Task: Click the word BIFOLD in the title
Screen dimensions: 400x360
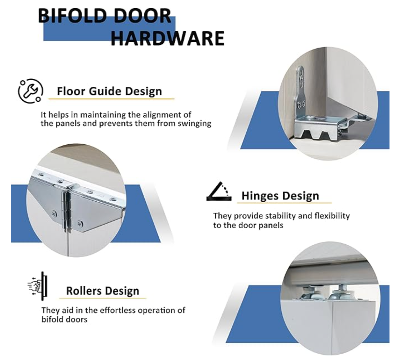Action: [x=72, y=16]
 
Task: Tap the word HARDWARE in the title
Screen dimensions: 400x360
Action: [x=168, y=38]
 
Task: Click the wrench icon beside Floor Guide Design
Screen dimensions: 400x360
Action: [x=31, y=91]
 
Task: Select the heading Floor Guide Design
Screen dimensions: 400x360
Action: [x=110, y=91]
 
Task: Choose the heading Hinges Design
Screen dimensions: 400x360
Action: [x=280, y=196]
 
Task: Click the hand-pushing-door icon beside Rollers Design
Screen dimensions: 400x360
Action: [x=38, y=286]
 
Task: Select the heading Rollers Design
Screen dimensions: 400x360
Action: [x=102, y=291]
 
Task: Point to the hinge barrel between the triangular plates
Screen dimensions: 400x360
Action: [x=66, y=211]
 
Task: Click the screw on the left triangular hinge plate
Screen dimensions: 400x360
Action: [x=54, y=213]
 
